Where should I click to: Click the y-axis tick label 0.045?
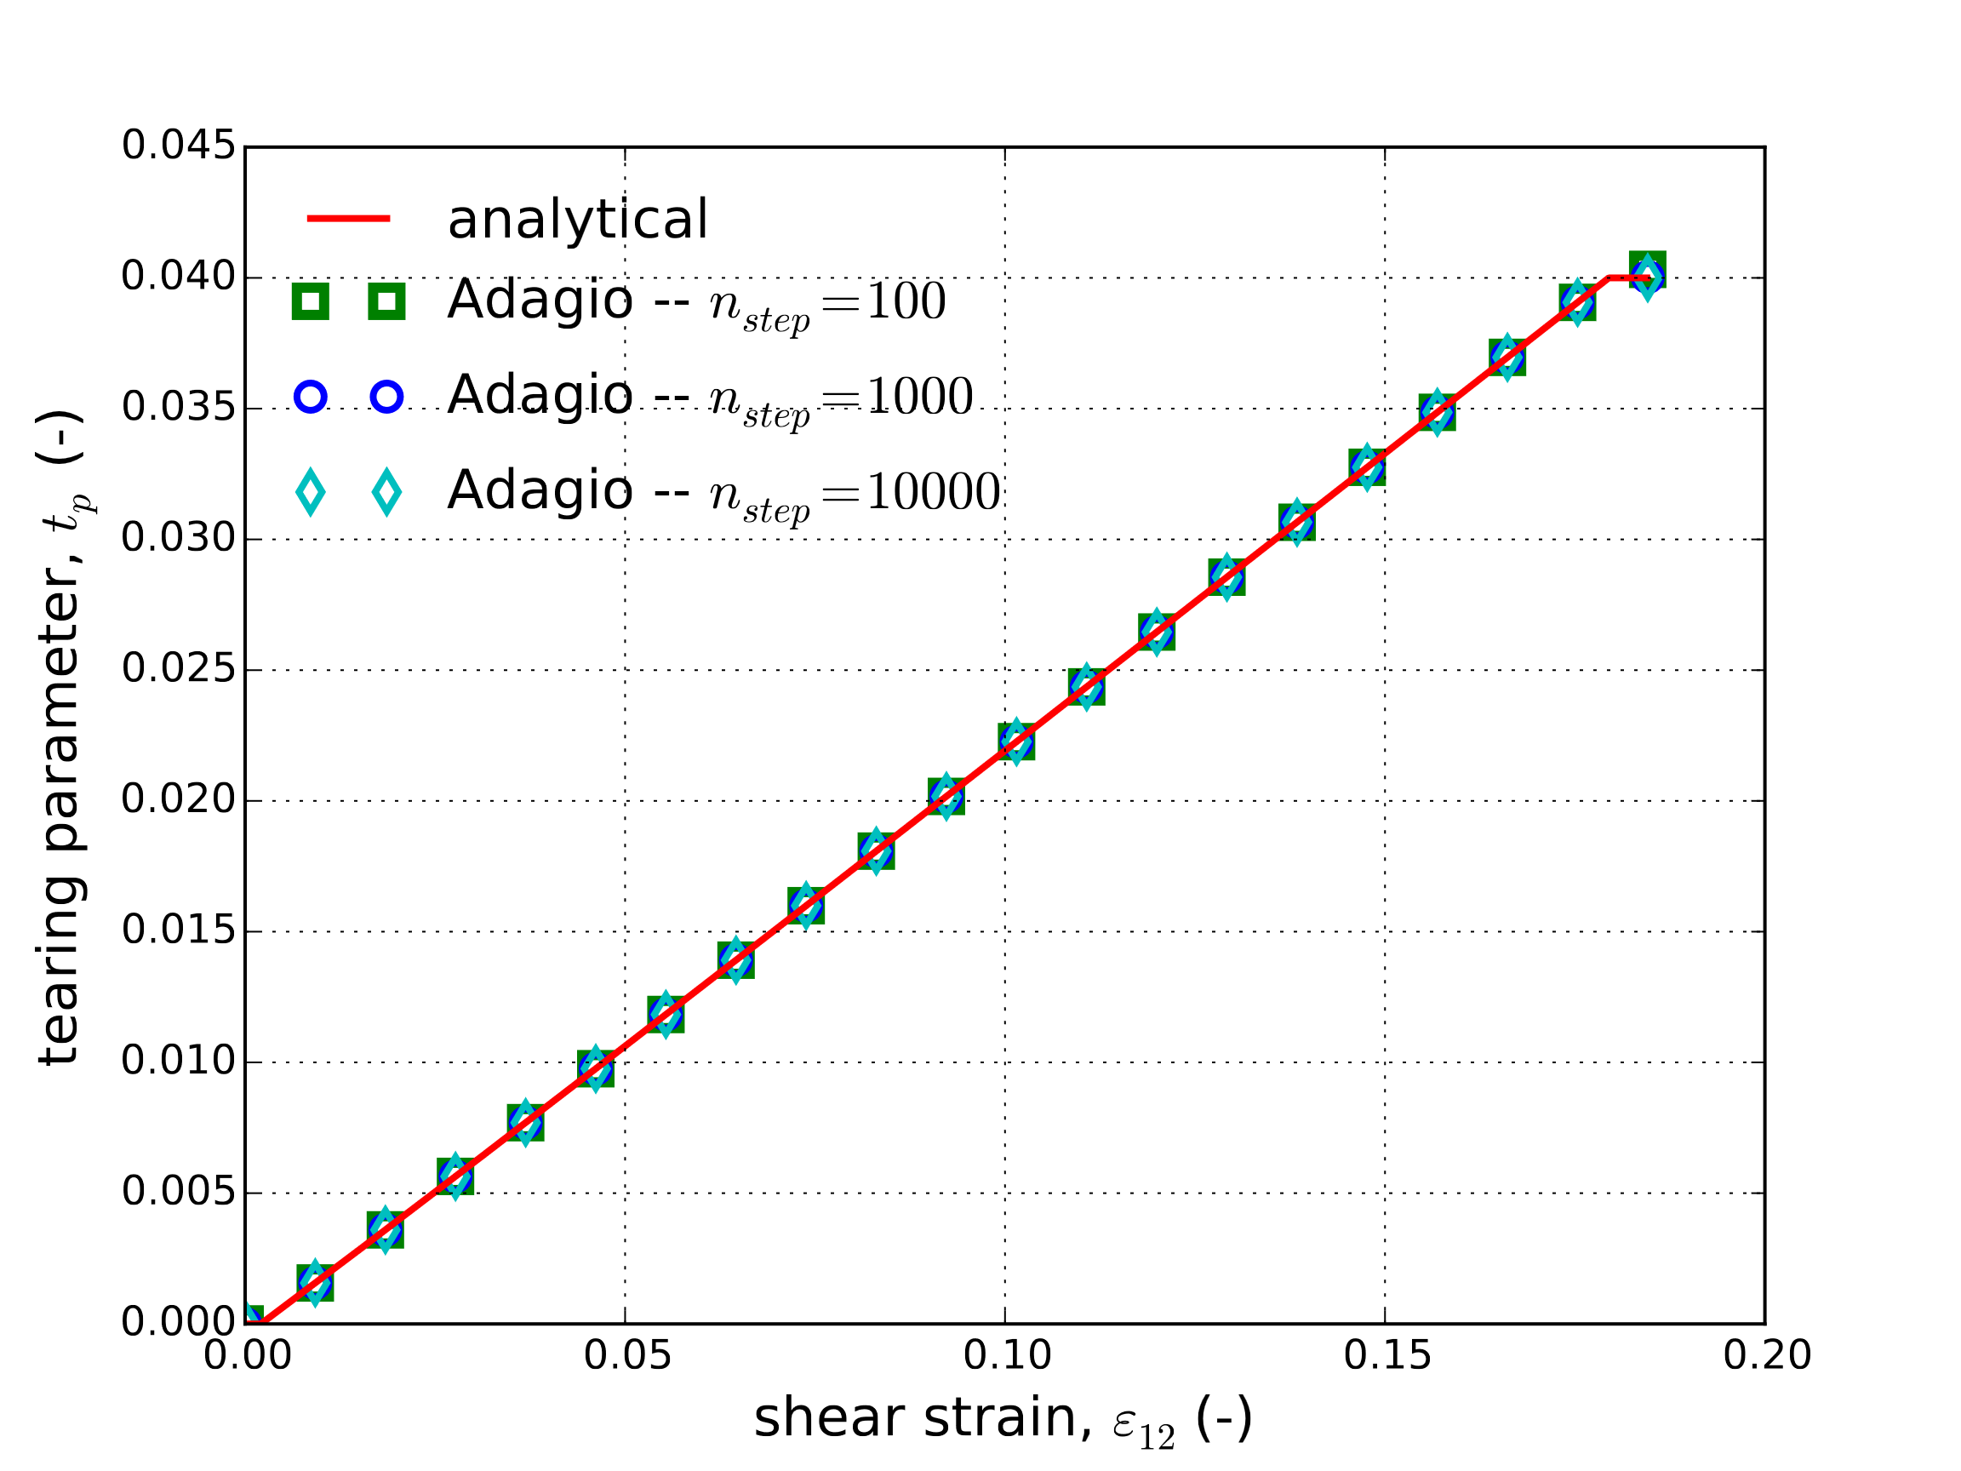[178, 146]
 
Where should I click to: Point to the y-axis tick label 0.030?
[178, 538]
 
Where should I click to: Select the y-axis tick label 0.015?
[178, 930]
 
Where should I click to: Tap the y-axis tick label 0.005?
[178, 1192]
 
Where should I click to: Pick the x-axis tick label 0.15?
[1386, 1356]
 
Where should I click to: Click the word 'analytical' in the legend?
[577, 219]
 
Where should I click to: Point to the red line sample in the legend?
[348, 218]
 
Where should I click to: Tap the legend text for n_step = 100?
[696, 301]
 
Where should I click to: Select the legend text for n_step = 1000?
[709, 397]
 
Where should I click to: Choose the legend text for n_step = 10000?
[723, 491]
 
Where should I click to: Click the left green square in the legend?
[311, 301]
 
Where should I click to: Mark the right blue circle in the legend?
[386, 397]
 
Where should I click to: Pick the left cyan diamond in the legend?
[311, 492]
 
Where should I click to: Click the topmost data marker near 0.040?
[1647, 272]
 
